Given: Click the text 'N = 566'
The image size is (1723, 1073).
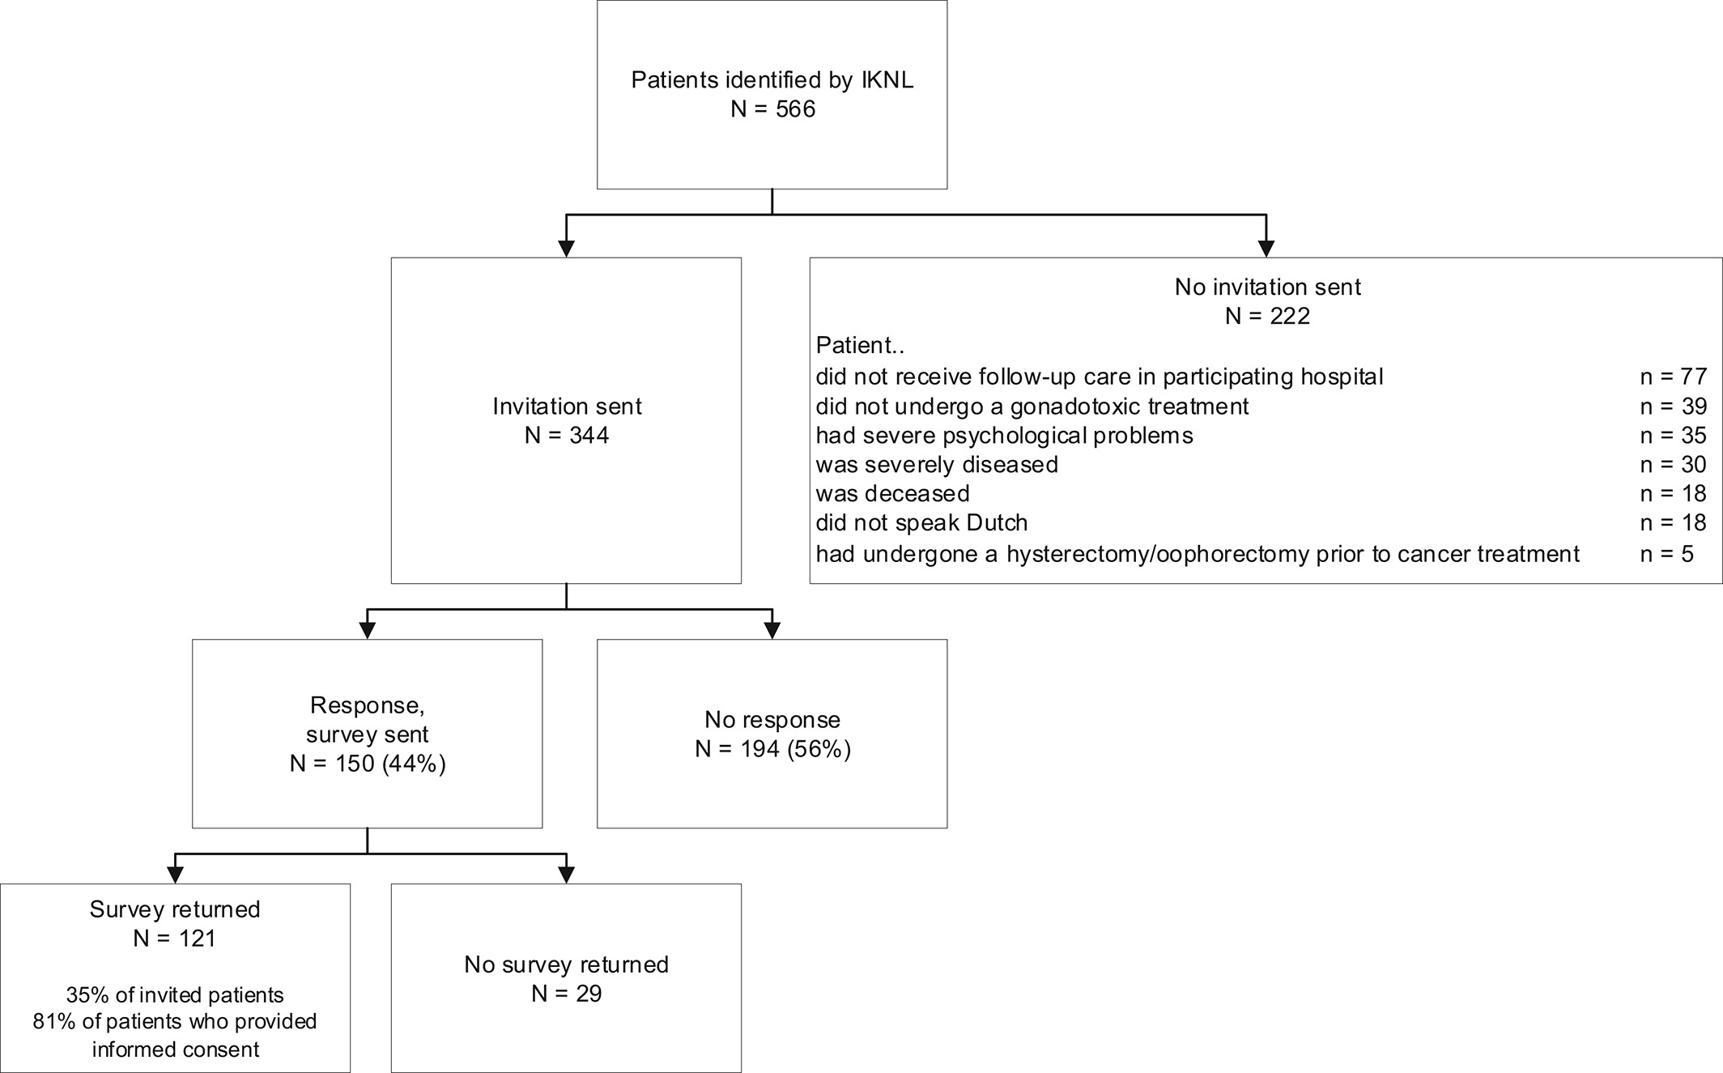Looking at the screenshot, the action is (772, 109).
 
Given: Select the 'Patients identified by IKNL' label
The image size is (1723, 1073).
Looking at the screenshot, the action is (772, 80).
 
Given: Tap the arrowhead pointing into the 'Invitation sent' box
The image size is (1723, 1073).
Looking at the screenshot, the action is (566, 249).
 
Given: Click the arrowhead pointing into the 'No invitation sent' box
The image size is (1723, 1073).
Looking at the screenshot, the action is (1266, 249).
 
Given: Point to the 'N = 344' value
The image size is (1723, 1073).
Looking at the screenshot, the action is (567, 436).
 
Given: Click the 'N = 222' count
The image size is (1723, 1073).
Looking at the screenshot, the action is (1267, 316).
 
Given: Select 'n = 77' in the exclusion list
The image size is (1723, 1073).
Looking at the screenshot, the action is (1673, 377).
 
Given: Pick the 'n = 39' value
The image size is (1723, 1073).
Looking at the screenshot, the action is (1673, 407).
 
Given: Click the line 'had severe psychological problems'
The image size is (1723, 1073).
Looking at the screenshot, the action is (1004, 436).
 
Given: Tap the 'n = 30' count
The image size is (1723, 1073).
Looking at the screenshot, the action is (1673, 465).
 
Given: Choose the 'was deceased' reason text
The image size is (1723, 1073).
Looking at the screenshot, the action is (892, 494).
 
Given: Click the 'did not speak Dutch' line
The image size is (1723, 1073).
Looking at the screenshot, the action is (921, 523).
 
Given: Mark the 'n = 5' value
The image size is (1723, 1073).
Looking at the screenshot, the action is (1666, 554).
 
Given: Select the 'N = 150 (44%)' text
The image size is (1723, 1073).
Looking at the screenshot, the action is (368, 764).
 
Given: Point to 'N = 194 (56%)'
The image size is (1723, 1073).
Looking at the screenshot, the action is (772, 749).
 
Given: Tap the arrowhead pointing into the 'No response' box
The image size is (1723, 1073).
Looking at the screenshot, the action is (772, 631).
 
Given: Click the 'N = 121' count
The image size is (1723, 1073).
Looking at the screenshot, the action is (175, 939).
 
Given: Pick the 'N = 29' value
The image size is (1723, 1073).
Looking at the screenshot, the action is (567, 994).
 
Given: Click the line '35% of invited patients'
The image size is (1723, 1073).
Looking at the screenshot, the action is (175, 995).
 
